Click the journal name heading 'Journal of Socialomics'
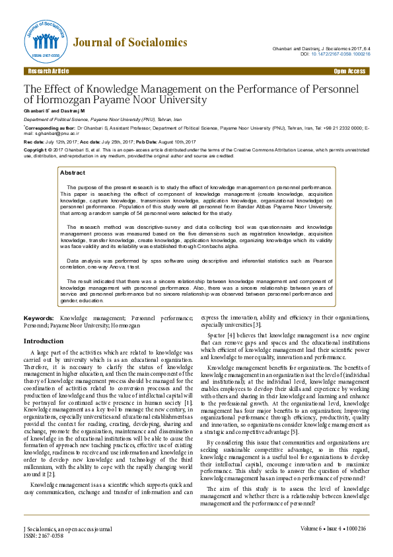130,43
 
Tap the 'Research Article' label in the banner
48,71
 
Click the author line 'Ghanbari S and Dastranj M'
50,110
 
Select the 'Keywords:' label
39,318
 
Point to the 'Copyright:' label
36,150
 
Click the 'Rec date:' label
34,142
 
